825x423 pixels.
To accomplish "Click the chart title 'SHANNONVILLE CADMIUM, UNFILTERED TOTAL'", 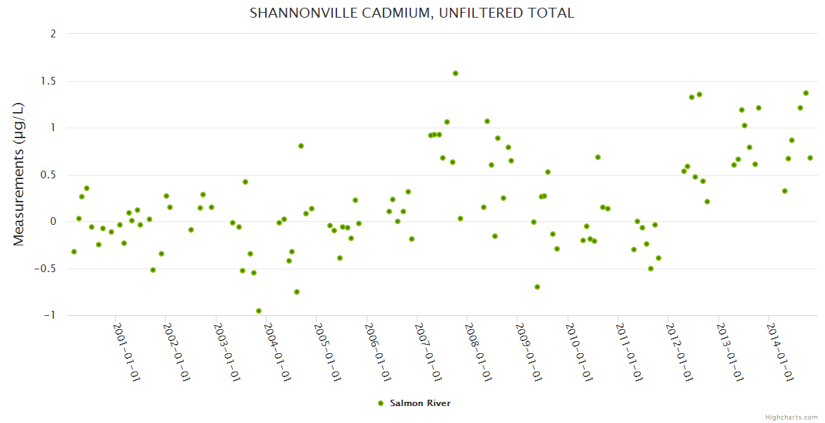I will point(412,13).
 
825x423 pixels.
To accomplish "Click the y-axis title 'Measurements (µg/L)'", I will point(19,173).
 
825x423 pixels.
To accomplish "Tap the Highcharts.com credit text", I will point(791,417).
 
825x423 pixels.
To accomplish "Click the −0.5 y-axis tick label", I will point(47,269).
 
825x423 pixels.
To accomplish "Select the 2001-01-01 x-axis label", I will point(128,352).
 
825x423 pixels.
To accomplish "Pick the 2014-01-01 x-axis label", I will point(781,352).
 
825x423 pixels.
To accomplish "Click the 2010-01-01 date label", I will point(580,352).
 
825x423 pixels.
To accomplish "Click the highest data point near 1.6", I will point(456,73).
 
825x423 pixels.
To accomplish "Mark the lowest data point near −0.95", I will point(259,311).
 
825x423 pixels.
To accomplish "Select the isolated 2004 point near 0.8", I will point(301,146).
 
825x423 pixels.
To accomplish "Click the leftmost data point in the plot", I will point(74,252).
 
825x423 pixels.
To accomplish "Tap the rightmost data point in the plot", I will point(810,158).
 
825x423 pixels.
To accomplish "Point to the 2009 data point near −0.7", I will point(537,287).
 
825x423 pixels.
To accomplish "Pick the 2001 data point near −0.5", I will point(153,270).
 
